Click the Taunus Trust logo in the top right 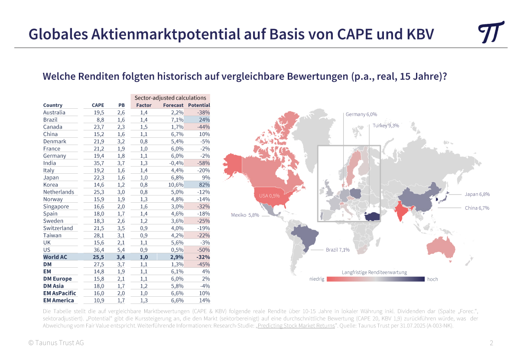coord(491,32)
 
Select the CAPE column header coord(98,105)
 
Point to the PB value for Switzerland coord(121,228)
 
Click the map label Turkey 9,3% coord(386,125)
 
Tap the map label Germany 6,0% coord(361,114)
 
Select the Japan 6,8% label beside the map coord(477,194)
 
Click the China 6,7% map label coord(477,208)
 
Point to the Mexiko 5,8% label coord(245,215)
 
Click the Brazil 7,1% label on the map coord(338,250)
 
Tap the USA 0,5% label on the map coord(270,195)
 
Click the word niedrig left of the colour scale coord(316,279)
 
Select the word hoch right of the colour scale coord(432,279)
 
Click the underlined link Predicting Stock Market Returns coord(296,325)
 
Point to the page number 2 coord(491,343)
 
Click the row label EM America coord(58,300)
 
